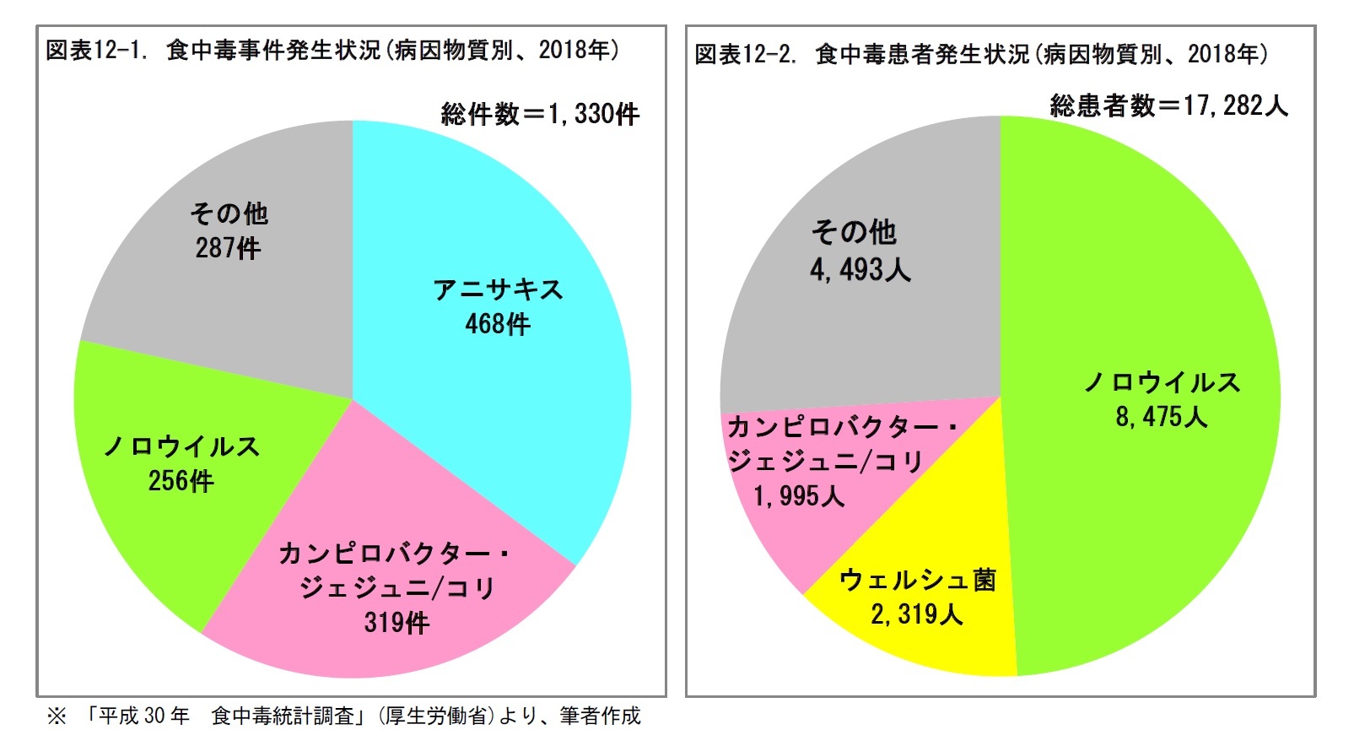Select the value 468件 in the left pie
(498, 324)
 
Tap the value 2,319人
(917, 614)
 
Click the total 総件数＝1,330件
(540, 113)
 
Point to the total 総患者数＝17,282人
(1168, 105)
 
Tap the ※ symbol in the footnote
(57, 716)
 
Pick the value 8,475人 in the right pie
(1162, 417)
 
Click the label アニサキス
(498, 289)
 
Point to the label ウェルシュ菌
(918, 580)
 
